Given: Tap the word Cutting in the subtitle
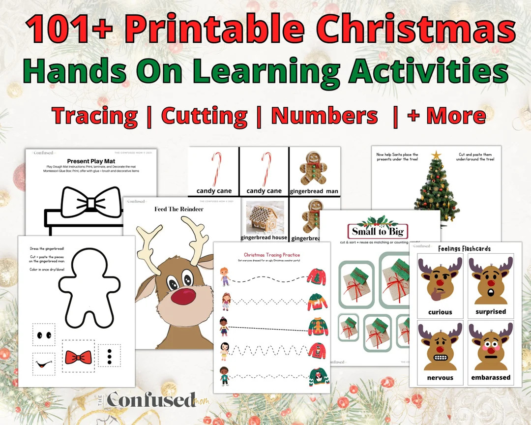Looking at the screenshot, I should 204,116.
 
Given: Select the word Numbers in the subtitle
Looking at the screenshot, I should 324,116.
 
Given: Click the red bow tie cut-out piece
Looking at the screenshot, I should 79,357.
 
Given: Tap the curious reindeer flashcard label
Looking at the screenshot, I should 440,312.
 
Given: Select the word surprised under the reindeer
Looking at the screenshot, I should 491,311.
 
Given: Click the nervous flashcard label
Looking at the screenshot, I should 440,378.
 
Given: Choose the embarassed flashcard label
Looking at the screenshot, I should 491,378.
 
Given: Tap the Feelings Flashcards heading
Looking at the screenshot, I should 464,248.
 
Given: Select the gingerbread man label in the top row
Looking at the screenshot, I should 315,191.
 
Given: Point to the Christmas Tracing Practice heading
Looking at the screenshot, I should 272,255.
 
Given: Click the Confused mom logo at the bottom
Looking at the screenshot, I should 152,400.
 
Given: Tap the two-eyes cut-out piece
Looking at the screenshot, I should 44,335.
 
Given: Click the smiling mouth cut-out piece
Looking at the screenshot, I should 44,364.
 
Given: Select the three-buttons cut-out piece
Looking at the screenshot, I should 109,355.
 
